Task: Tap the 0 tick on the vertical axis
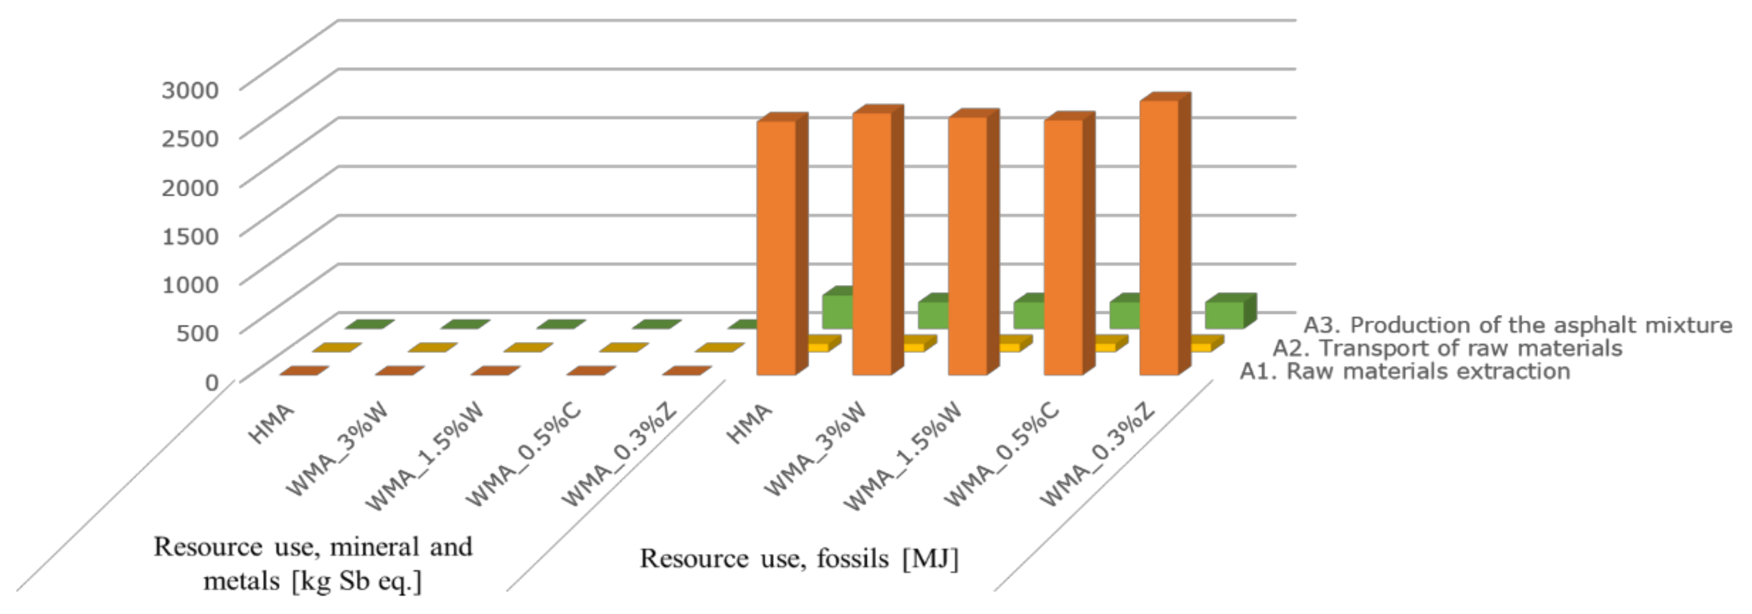coord(211,382)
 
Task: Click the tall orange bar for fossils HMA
coord(776,248)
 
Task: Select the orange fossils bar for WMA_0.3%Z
coord(1159,238)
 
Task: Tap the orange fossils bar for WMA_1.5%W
coord(968,246)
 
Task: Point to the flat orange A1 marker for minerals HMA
coord(304,371)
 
